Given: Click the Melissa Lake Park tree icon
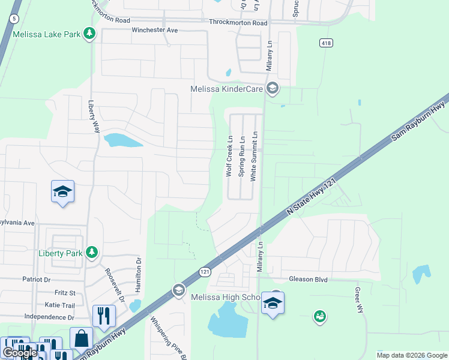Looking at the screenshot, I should point(89,34).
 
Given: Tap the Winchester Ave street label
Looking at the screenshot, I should point(155,30).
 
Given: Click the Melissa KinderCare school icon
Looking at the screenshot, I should point(273,89).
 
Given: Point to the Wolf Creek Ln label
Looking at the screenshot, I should point(229,156).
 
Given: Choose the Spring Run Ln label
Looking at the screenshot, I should point(242,156).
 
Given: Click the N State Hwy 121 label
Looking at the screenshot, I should point(310,197).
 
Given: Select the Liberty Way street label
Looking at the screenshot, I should point(94,116).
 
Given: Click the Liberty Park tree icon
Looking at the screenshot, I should point(91,253).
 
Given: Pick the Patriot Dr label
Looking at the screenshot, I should point(37,280).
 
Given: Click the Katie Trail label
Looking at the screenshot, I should point(60,305).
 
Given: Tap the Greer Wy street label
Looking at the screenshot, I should point(360,300).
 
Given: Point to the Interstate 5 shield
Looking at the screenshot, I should point(13,19).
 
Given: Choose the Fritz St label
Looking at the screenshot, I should point(65,293).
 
